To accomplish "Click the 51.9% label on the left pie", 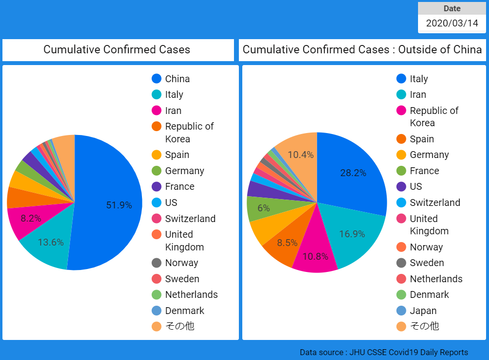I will tap(119, 205).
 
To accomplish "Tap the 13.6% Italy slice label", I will tap(51, 242).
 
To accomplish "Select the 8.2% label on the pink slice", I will tap(31, 219).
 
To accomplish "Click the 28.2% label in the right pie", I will tap(353, 173).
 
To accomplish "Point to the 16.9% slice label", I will tap(352, 234).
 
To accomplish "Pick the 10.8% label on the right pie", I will tap(315, 256).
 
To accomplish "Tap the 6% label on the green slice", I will tap(264, 208).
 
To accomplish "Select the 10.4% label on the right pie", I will tap(301, 155).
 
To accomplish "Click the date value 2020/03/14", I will tap(452, 23).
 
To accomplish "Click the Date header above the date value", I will tap(452, 8).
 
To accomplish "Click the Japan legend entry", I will tap(423, 311).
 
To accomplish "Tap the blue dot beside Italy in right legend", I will tap(401, 79).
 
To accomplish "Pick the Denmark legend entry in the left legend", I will tap(185, 311).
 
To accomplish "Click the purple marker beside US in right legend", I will tap(401, 186).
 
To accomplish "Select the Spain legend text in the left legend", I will tap(177, 155).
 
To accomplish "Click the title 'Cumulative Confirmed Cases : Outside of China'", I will tap(362, 49).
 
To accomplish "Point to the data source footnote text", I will tap(384, 352).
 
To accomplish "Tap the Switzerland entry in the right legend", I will tap(435, 202).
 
